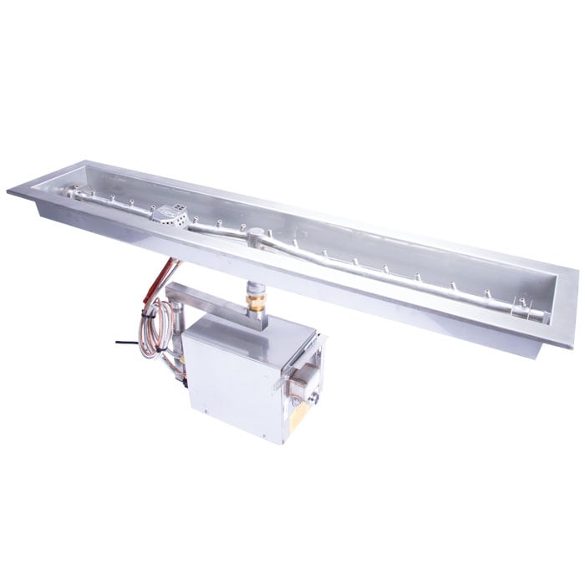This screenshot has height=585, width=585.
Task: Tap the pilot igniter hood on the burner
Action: coord(170,215)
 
